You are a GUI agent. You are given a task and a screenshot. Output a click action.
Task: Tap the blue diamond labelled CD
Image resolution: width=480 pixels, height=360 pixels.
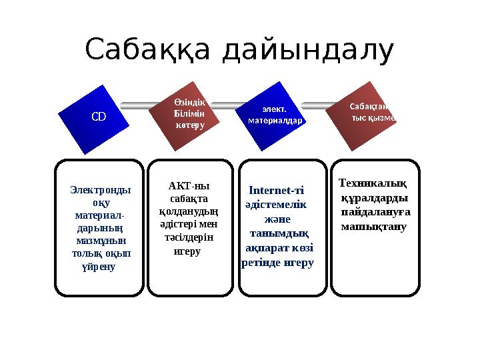[x=98, y=116]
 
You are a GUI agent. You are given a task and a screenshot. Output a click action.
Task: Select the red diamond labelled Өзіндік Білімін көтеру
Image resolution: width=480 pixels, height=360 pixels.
[x=189, y=113]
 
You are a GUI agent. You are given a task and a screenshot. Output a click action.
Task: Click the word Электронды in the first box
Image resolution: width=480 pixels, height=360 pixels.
[x=100, y=190]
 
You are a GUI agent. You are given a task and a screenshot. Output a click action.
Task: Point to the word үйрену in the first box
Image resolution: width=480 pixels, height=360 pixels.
[x=98, y=266]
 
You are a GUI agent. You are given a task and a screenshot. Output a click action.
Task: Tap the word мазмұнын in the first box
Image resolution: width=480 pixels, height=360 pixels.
[x=102, y=241]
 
